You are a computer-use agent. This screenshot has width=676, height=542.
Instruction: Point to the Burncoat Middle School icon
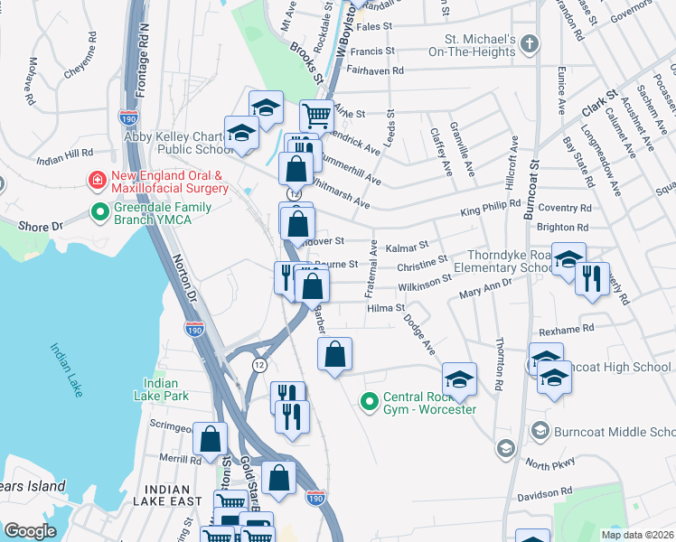540,430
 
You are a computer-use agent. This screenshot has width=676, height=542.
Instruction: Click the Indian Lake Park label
161,388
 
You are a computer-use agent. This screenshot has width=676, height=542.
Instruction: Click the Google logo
30,531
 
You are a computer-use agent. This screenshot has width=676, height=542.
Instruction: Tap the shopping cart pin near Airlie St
316,115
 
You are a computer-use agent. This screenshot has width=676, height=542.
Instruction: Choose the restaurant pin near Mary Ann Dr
592,277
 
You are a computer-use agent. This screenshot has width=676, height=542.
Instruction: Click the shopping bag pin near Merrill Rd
210,439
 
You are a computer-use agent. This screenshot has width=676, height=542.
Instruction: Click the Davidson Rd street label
545,497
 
